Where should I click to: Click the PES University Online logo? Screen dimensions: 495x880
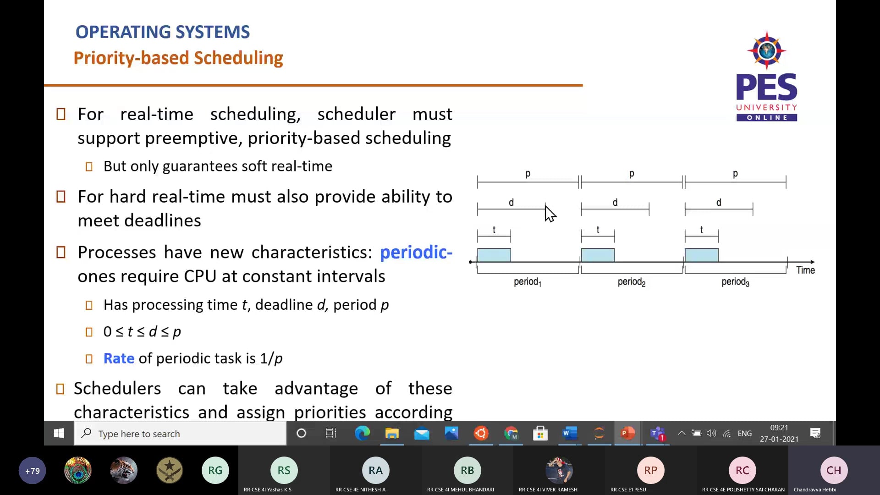click(x=766, y=77)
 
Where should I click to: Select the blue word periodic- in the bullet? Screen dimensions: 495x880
click(x=416, y=252)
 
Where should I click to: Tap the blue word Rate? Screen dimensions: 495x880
click(x=119, y=358)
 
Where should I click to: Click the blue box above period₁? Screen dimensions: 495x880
click(x=494, y=255)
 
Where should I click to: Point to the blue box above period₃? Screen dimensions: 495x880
click(x=701, y=255)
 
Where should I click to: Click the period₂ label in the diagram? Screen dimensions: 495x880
click(x=631, y=282)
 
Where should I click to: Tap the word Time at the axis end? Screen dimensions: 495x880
click(x=805, y=270)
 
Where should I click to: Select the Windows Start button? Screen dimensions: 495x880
click(x=59, y=434)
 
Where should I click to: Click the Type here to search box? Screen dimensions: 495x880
click(x=180, y=434)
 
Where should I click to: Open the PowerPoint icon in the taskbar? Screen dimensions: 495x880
click(x=627, y=433)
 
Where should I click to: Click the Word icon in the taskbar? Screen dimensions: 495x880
click(x=570, y=433)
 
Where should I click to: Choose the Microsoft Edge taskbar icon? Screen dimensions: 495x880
click(x=362, y=433)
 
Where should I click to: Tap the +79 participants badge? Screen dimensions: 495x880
click(x=33, y=471)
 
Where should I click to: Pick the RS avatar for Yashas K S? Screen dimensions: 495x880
click(x=284, y=470)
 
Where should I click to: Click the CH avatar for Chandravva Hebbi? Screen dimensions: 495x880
click(x=833, y=470)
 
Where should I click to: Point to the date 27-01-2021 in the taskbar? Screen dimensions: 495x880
click(x=779, y=439)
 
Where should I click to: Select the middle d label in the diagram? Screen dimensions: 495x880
click(x=615, y=203)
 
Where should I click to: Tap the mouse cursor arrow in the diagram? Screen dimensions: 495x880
click(x=550, y=214)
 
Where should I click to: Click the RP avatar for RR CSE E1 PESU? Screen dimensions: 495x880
click(x=650, y=470)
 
